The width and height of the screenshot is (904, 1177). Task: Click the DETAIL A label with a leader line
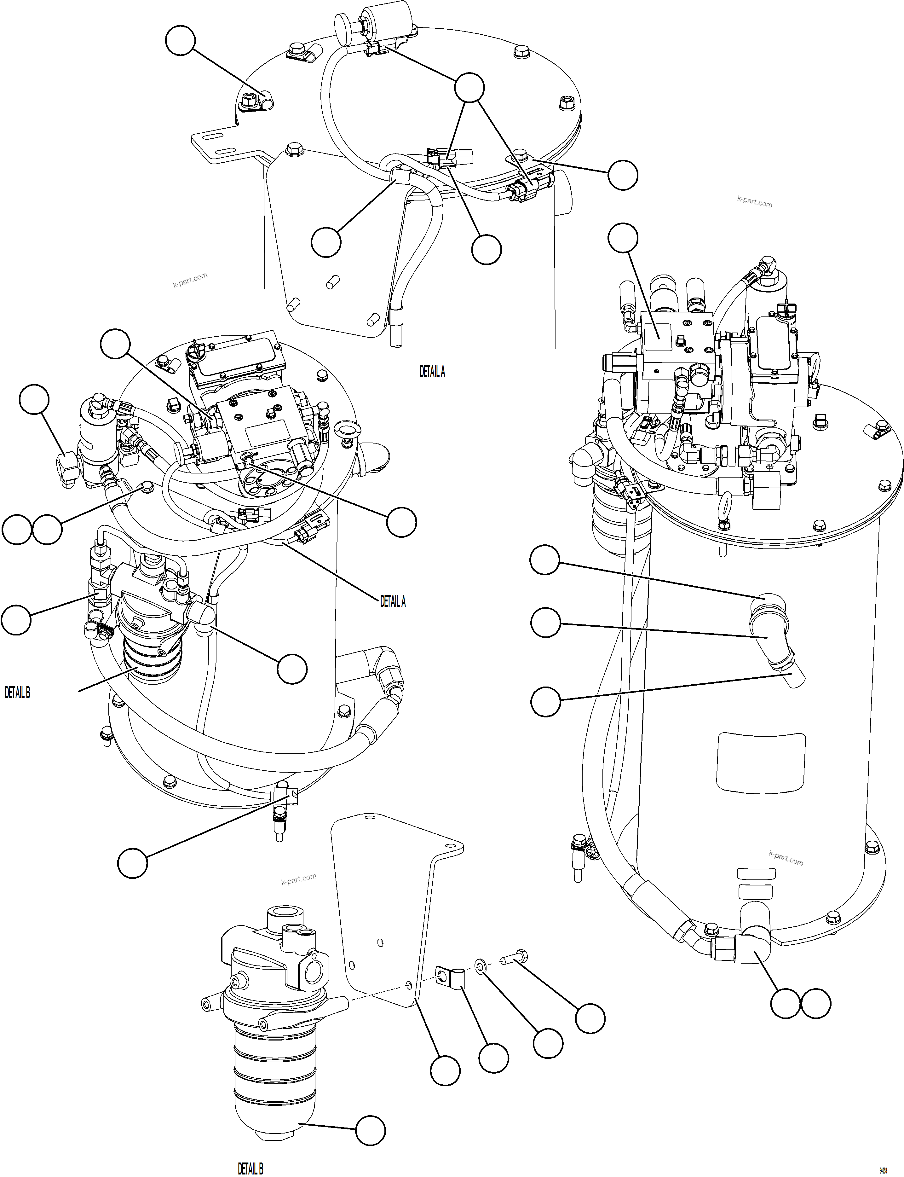click(x=393, y=602)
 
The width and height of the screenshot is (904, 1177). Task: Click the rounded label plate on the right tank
click(x=761, y=762)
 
